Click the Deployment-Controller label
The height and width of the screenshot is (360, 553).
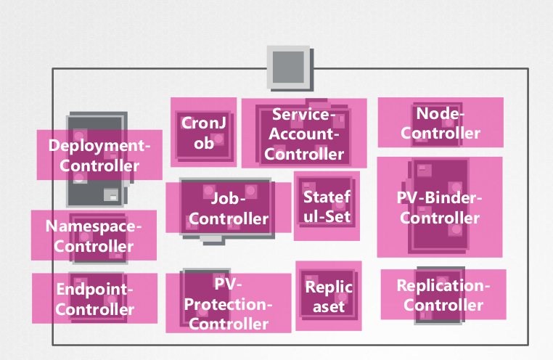pyautogui.click(x=99, y=155)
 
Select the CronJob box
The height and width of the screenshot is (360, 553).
pyautogui.click(x=203, y=133)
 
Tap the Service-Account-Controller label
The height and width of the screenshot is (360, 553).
pyautogui.click(x=304, y=134)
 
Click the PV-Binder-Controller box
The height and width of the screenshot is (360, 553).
pyautogui.click(x=440, y=208)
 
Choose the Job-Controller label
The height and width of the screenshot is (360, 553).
pyautogui.click(x=229, y=208)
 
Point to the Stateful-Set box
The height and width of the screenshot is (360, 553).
pyautogui.click(x=327, y=206)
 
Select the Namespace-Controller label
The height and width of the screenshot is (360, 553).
pyautogui.click(x=94, y=236)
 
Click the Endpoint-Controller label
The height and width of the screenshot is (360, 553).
pyautogui.click(x=95, y=299)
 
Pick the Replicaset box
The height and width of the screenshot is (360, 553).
pyautogui.click(x=329, y=296)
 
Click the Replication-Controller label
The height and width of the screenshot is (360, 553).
pyautogui.click(x=443, y=295)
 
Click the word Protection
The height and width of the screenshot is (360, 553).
pyautogui.click(x=227, y=304)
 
